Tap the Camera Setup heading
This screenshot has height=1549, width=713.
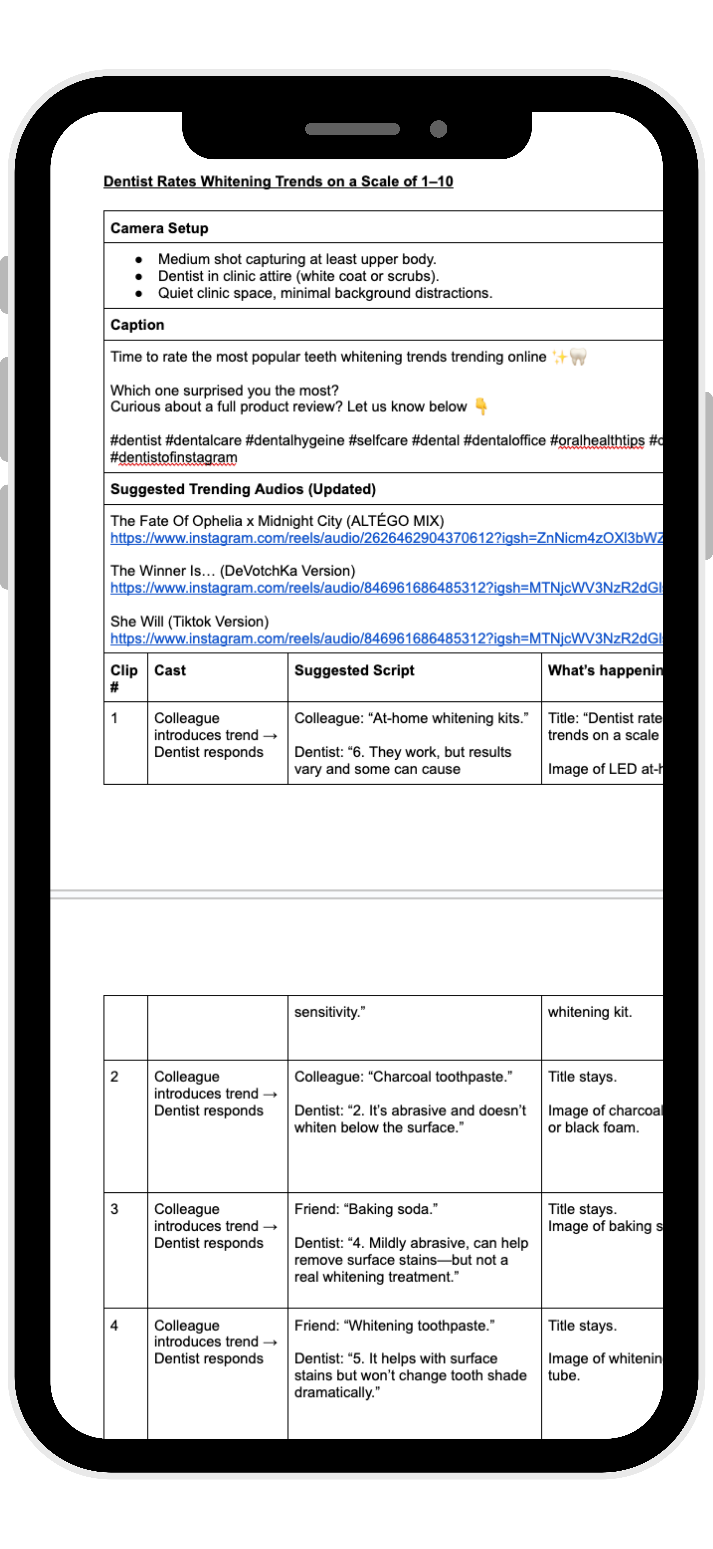pyautogui.click(x=159, y=228)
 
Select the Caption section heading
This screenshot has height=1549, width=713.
pyautogui.click(x=137, y=325)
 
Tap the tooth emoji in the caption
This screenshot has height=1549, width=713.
pyautogui.click(x=578, y=357)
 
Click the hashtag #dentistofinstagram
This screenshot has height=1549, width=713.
pyautogui.click(x=174, y=458)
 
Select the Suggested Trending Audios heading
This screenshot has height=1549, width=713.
pyautogui.click(x=243, y=489)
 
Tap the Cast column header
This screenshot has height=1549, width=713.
pyautogui.click(x=170, y=671)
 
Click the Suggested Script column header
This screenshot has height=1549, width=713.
pyautogui.click(x=354, y=671)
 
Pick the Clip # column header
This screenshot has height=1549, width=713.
pyautogui.click(x=124, y=678)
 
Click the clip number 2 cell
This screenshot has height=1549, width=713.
pyautogui.click(x=114, y=1076)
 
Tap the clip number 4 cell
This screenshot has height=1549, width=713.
pyautogui.click(x=114, y=1325)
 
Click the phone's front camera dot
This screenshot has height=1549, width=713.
pyautogui.click(x=439, y=129)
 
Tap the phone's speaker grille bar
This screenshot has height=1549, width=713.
pyautogui.click(x=352, y=129)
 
